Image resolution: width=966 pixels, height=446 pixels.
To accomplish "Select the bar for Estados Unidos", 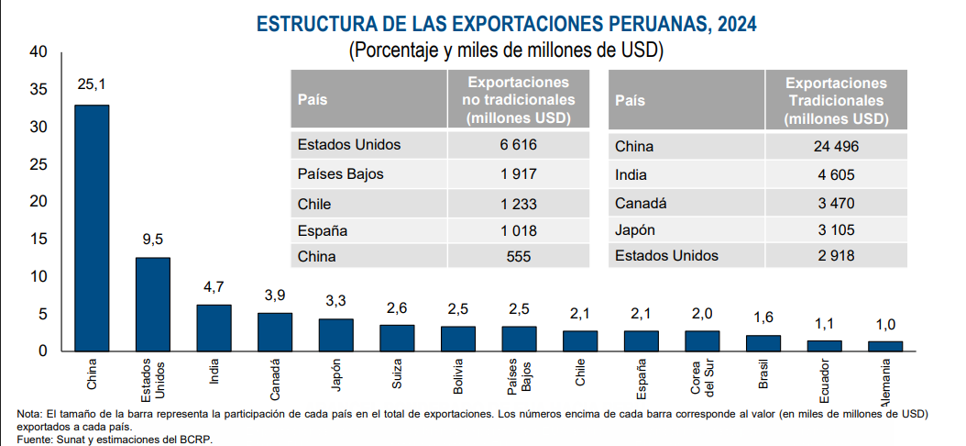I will [152, 304].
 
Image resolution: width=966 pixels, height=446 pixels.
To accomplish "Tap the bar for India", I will [214, 328].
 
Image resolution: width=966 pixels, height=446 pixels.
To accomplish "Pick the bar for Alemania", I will [885, 346].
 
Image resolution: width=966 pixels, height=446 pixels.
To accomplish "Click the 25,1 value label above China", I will [92, 84].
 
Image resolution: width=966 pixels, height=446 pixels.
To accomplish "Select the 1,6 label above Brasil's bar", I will [763, 317].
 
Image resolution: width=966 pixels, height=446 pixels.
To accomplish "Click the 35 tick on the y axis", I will [38, 90].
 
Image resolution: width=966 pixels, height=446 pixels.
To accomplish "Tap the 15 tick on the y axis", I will [38, 240].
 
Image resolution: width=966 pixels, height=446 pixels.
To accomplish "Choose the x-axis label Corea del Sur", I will [702, 379].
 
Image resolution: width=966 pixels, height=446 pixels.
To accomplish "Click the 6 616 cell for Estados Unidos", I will [518, 145].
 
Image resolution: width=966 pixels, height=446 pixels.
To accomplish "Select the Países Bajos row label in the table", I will [340, 173].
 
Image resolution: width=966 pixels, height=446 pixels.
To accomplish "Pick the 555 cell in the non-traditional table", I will [518, 258].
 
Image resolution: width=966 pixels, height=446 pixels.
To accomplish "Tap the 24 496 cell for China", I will [835, 146].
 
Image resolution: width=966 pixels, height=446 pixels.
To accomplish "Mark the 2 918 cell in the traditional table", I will [835, 256].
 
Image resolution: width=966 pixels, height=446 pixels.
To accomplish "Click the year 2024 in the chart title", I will [737, 21].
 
